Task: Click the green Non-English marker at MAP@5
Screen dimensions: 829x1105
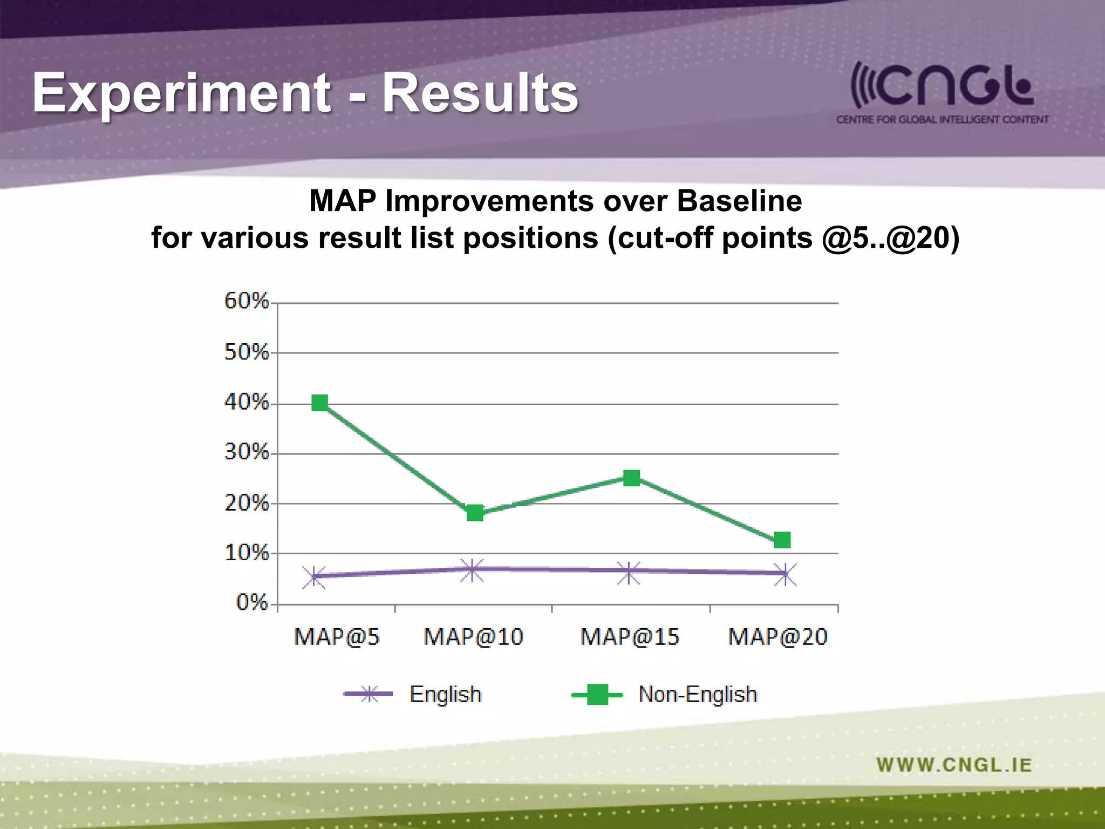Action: (x=320, y=403)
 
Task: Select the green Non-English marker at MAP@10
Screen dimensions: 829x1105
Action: (x=475, y=513)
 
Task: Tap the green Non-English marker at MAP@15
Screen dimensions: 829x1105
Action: (x=631, y=478)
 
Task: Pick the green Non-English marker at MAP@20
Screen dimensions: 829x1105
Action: (x=782, y=540)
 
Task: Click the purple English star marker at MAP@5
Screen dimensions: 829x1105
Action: (x=314, y=577)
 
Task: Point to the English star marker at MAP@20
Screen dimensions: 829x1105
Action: (x=784, y=574)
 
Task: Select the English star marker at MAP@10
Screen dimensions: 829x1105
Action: (x=472, y=570)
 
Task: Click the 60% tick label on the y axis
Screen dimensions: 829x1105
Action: (x=247, y=301)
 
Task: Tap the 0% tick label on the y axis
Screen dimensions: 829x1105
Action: (x=252, y=602)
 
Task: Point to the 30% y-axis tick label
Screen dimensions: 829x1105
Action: (x=247, y=452)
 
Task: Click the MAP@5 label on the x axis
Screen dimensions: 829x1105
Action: (x=337, y=637)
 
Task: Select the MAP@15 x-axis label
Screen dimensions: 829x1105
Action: (x=629, y=637)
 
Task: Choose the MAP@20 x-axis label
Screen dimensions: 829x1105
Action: (x=777, y=637)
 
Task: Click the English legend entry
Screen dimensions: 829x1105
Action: (x=445, y=694)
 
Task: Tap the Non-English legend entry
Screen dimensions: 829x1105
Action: (x=697, y=694)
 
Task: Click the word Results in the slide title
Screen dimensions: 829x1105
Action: (x=480, y=93)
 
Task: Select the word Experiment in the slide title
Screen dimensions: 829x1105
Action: (x=181, y=93)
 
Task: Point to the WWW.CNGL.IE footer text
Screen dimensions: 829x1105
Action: (x=954, y=765)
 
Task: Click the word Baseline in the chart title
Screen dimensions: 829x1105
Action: (x=739, y=201)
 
